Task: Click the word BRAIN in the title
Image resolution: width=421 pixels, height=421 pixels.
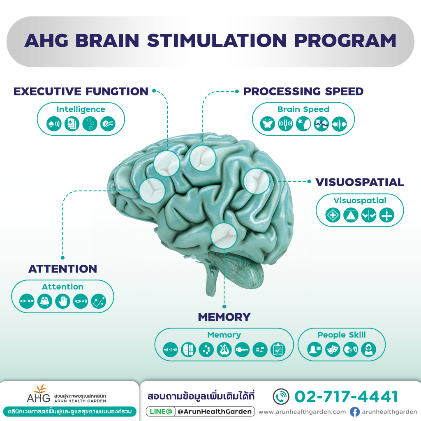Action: point(107,41)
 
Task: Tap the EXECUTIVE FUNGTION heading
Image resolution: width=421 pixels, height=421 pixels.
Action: point(81,91)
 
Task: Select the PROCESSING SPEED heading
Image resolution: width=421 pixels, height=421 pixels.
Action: point(303,91)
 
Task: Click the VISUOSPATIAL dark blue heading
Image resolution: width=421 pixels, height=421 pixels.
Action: point(360,182)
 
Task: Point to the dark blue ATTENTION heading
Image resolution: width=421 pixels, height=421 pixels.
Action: point(63,269)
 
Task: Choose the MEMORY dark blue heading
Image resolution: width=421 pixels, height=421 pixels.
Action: point(224,317)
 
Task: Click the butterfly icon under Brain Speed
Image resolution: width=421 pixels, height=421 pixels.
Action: point(267,124)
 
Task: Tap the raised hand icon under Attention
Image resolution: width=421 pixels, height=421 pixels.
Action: point(62,301)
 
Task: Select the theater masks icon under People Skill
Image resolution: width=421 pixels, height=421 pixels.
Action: point(333,349)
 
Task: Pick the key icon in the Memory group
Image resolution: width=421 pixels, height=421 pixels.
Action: point(242,349)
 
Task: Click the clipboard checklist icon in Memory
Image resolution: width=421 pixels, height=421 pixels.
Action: point(278,349)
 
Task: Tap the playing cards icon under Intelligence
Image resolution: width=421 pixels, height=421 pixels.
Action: point(72,124)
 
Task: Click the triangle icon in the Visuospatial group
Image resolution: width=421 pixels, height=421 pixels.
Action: point(351,215)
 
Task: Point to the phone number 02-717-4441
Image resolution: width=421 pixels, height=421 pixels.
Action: point(346,397)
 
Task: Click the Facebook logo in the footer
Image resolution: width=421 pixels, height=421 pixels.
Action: point(355,412)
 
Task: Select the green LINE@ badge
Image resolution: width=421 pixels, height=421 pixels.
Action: point(161,412)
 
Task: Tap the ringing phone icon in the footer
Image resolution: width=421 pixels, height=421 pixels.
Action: point(281,397)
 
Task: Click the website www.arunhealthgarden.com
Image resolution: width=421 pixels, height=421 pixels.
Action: point(302,412)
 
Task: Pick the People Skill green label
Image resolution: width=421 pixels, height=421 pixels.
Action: point(342,335)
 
